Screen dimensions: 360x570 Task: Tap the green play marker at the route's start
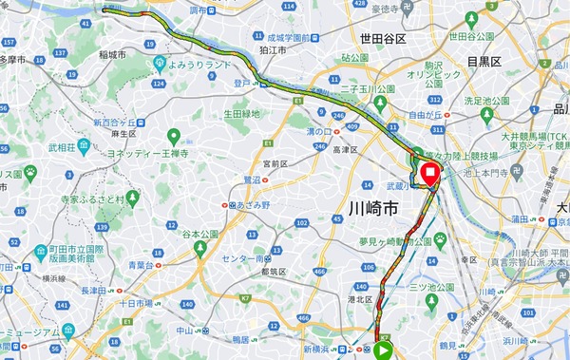pos(384,350)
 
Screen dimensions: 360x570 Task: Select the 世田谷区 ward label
pos(383,39)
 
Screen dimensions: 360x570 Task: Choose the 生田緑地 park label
pos(241,114)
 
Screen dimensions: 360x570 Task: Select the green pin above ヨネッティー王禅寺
pos(173,137)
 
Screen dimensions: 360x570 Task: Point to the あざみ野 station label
pos(252,204)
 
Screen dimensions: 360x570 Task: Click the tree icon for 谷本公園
pos(200,248)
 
